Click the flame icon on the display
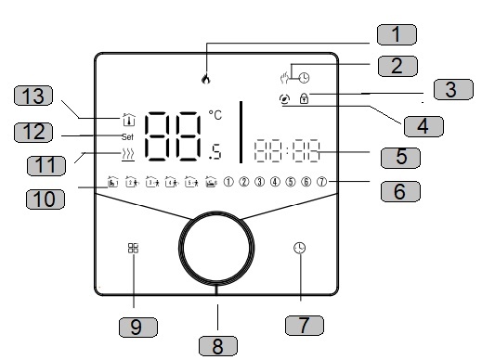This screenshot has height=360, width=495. coord(206,79)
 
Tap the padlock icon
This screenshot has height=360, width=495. coord(304,98)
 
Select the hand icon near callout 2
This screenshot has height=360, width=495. coord(285,78)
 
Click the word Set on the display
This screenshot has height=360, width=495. coord(127,137)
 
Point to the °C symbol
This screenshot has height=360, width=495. coord(215,115)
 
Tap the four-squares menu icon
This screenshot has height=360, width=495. coord(133,248)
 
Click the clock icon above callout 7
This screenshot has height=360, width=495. coord(300,248)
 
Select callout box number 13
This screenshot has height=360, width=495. coord(33,96)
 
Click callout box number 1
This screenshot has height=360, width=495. coord(397,34)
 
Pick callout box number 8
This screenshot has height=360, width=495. coord(218,346)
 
